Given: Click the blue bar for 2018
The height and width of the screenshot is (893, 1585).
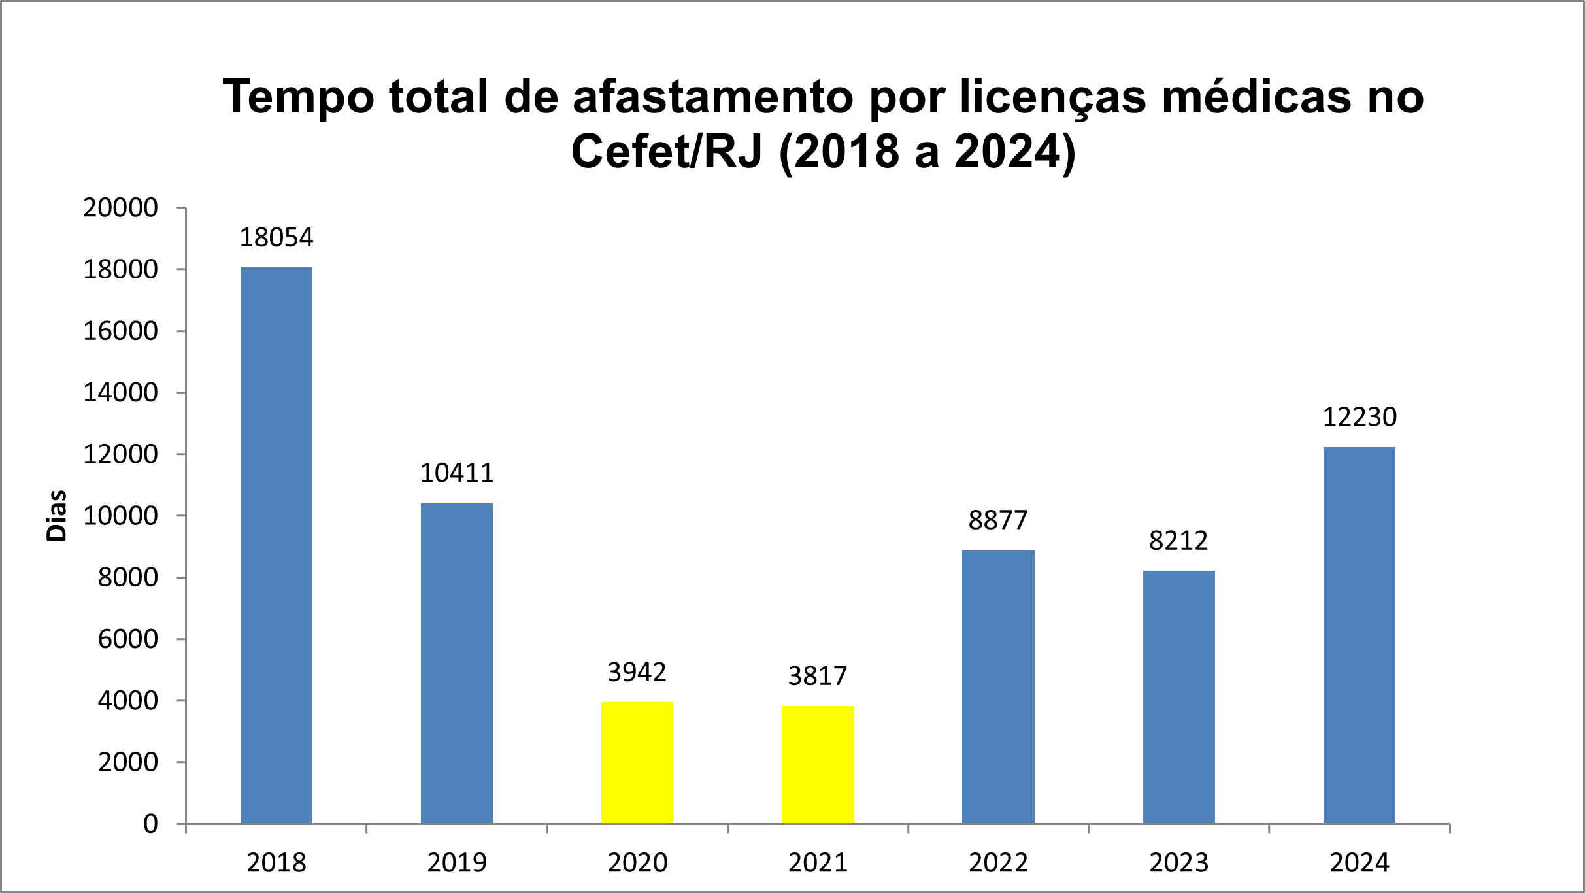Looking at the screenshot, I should (276, 545).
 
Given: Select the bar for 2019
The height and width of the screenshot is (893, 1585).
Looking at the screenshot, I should (456, 663).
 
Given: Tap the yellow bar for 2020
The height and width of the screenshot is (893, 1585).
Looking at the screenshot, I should (637, 762).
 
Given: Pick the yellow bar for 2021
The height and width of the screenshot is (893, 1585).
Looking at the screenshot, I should (818, 764).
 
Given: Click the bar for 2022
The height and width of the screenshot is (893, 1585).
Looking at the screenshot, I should (998, 686).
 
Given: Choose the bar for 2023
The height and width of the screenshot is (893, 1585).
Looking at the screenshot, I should (1178, 697).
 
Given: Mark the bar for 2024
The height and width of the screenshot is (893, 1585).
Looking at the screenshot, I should (1359, 635).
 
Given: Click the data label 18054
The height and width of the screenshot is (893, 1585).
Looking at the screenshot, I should (276, 238).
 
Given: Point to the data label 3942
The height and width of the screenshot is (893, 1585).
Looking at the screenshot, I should (637, 672).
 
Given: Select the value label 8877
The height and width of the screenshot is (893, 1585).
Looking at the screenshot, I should (998, 520).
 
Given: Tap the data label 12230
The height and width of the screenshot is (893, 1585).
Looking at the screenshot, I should (1360, 417).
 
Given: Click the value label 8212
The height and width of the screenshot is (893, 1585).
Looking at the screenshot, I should (1178, 541).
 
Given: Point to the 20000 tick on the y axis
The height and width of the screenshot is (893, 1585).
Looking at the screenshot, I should (120, 208).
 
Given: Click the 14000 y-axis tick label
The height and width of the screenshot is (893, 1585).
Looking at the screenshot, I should (120, 393).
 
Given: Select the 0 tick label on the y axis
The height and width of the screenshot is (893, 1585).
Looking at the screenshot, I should (150, 824).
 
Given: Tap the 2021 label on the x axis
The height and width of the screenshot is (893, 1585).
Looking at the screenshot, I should (818, 863).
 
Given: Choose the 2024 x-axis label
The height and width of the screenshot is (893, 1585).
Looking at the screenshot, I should (1360, 863).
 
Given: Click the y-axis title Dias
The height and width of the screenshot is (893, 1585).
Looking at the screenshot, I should (57, 516).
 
